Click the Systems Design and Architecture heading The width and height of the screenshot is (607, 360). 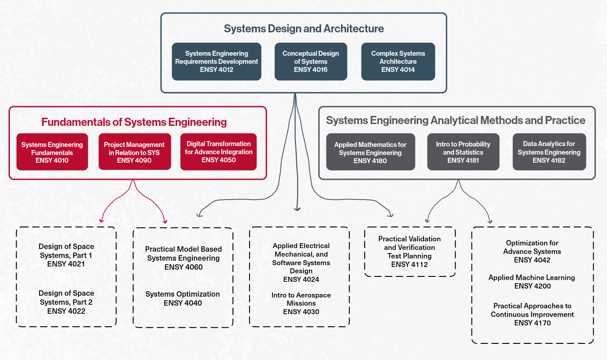pos(303,29)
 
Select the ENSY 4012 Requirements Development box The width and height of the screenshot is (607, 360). pos(216,62)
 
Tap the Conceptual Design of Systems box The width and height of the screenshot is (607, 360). pos(311,62)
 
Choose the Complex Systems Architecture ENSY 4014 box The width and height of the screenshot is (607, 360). pos(398,62)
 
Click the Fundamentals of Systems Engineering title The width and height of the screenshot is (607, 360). pos(134,122)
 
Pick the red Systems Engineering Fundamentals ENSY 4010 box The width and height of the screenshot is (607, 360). pos(52,152)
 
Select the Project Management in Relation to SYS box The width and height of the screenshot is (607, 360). pos(134,152)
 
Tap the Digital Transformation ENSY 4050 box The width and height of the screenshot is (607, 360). pos(219,152)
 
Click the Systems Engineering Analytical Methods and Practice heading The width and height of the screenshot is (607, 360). pos(455,120)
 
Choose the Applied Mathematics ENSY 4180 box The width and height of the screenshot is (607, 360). pos(370,152)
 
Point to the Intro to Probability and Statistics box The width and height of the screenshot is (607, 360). pos(463,152)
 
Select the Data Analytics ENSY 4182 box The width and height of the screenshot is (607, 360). pos(549,152)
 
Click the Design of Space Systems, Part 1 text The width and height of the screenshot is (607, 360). pos(66,255)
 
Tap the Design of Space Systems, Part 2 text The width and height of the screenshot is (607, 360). pos(66,302)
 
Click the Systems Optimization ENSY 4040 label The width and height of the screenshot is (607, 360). pos(183,298)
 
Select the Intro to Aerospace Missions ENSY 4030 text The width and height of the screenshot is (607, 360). pos(301,303)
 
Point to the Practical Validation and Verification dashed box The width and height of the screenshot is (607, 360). pos(410,252)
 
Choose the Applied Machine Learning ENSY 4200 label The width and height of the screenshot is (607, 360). pos(532,282)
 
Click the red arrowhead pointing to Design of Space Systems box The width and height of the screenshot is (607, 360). pos(102,220)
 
